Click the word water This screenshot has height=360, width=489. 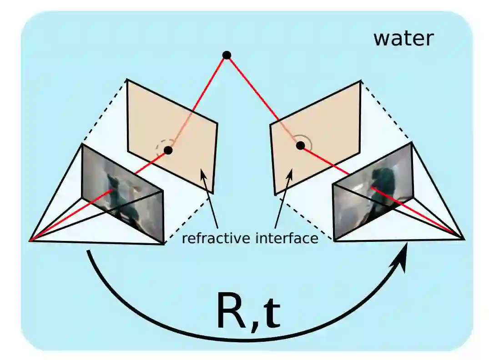[403, 38]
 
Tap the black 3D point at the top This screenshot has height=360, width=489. [227, 55]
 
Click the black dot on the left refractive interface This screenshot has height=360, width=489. [168, 150]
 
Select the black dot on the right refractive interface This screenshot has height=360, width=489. [300, 145]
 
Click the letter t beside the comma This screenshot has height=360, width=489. [272, 314]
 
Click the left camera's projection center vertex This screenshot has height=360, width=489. [30, 240]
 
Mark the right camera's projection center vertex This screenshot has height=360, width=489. [463, 238]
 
